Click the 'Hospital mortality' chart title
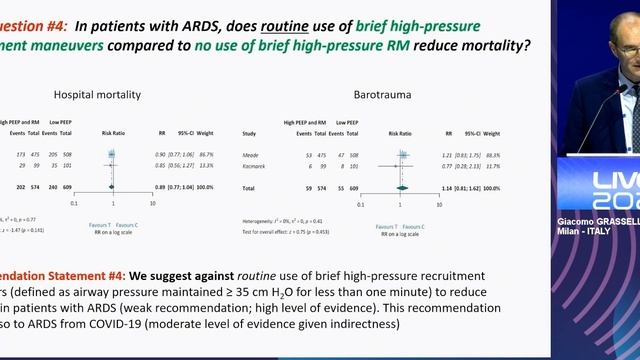pos(103,95)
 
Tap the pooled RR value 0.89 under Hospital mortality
pos(160,187)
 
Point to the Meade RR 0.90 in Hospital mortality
pos(160,155)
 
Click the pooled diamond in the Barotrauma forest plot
pos(402,187)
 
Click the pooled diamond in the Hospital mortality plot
pos(111,187)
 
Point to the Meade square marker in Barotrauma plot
pos(403,155)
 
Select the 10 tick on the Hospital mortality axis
pos(152,202)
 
